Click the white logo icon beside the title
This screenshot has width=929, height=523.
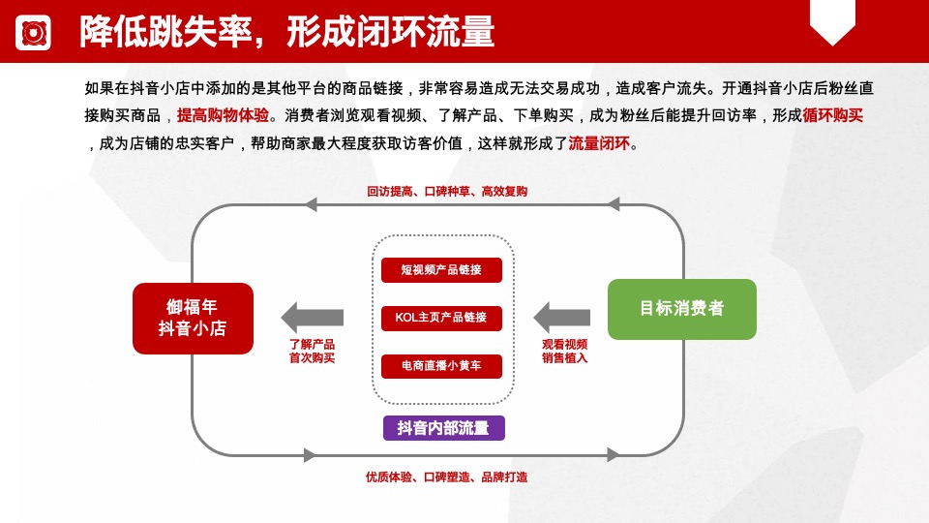click(x=33, y=33)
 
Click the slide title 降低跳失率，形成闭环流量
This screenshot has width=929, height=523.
click(x=287, y=32)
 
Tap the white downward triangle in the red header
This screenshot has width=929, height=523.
click(x=832, y=32)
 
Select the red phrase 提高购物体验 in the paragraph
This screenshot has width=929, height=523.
click(x=223, y=115)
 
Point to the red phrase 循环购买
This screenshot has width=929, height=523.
click(x=832, y=115)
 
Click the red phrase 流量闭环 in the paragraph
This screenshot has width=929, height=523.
click(x=598, y=144)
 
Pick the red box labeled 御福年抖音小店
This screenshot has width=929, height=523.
click(x=193, y=318)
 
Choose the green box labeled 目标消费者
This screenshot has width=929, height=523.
click(x=681, y=309)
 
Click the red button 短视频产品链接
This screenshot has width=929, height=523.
click(x=442, y=269)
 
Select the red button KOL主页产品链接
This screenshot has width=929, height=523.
click(x=442, y=317)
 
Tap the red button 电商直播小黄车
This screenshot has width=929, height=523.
click(x=442, y=365)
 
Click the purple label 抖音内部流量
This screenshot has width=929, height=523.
click(x=443, y=427)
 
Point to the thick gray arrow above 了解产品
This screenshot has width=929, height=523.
click(x=312, y=317)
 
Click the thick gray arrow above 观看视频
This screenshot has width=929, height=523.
click(x=562, y=317)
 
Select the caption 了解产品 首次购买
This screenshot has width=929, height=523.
click(x=312, y=351)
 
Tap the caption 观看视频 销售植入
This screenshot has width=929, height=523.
click(x=564, y=351)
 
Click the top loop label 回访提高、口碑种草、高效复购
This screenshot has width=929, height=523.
click(x=447, y=191)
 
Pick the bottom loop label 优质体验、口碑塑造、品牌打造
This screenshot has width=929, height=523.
click(x=446, y=477)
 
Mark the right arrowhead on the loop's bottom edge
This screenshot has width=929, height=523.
click(x=612, y=454)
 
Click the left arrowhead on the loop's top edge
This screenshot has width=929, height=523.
click(x=311, y=204)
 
